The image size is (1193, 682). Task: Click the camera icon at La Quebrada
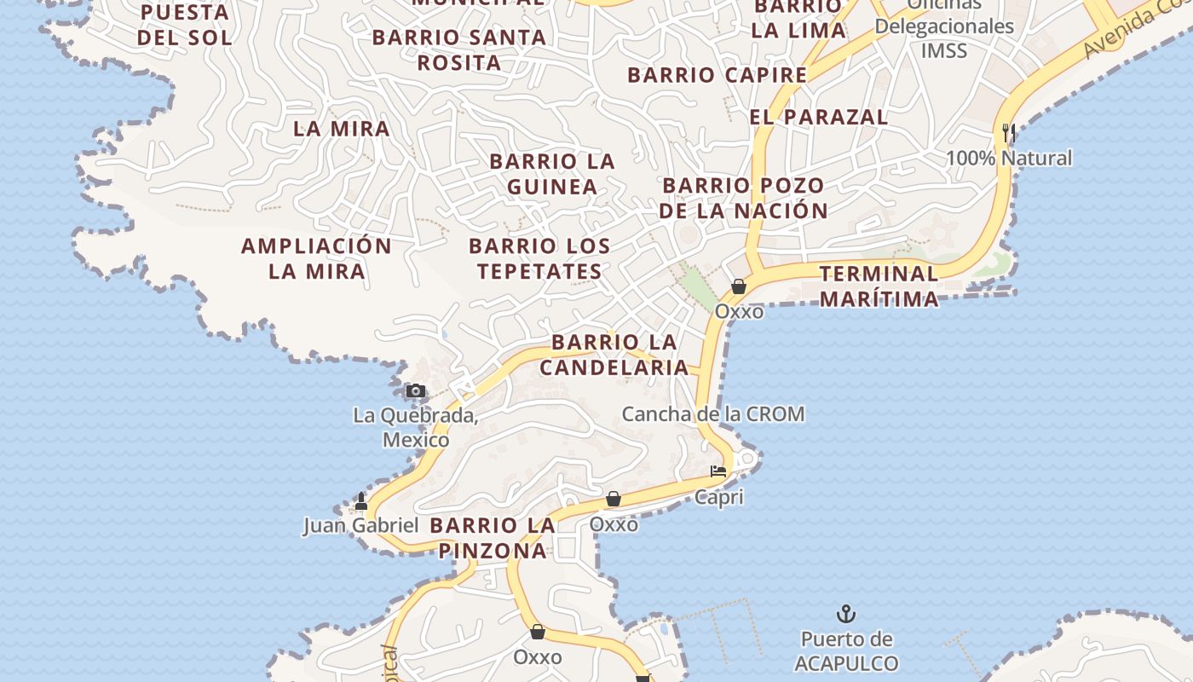(415, 391)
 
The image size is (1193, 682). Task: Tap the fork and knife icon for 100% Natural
(1009, 133)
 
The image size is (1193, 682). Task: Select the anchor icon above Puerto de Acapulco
(845, 614)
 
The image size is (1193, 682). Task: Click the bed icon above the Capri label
(718, 471)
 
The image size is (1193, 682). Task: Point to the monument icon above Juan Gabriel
(361, 500)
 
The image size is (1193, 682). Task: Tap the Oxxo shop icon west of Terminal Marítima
(739, 287)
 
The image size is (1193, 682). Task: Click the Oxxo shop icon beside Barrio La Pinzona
(613, 499)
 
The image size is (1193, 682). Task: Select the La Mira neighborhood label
(342, 129)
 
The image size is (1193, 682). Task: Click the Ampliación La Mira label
(316, 258)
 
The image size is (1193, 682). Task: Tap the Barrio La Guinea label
(552, 174)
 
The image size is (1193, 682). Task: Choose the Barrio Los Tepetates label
(539, 258)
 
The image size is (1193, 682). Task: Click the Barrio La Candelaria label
(614, 355)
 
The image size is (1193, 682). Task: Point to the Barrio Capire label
(717, 75)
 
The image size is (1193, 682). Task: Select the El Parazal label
(819, 117)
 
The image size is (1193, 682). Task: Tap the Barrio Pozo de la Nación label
(744, 198)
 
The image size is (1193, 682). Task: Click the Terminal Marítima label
(879, 286)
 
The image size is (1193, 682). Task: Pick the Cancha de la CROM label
(712, 414)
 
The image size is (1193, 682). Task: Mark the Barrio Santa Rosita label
(459, 49)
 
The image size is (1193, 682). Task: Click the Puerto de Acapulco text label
(846, 651)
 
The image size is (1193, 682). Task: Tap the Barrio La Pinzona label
(493, 538)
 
